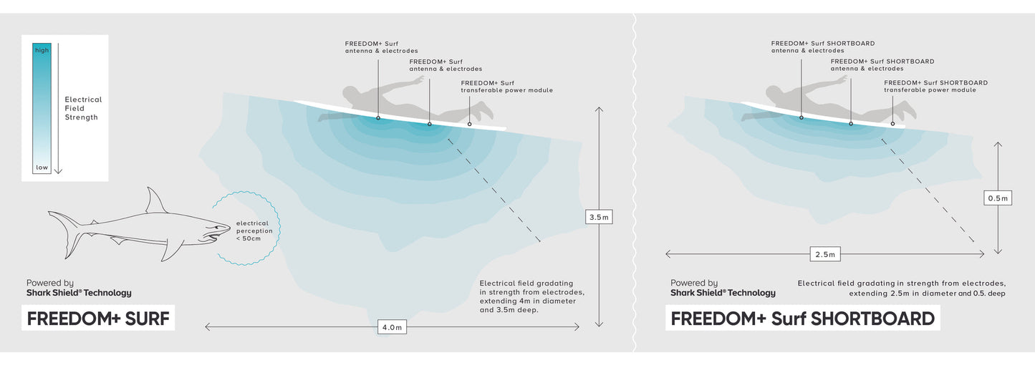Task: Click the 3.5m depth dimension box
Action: point(600,217)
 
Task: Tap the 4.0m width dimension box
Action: point(391,327)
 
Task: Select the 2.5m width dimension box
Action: point(825,254)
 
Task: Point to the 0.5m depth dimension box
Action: point(998,198)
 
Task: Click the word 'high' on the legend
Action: point(42,50)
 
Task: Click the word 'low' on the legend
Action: point(42,168)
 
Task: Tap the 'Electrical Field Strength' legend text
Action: point(83,108)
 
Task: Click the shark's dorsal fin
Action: point(155,201)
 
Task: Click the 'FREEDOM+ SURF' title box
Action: point(98,319)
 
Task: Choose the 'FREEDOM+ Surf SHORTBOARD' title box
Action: point(802,319)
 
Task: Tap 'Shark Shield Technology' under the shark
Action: point(79,293)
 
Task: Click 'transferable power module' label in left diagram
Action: point(506,90)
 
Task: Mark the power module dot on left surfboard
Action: point(470,124)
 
